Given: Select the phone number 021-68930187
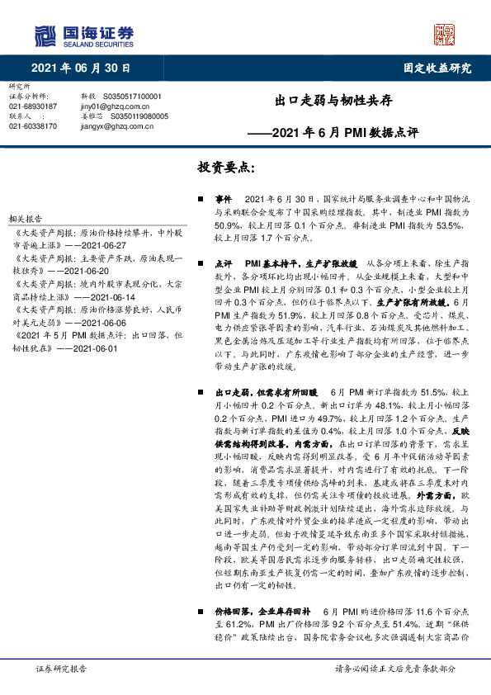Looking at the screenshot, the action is pos(33,106).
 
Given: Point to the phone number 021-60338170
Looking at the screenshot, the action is pos(33,125).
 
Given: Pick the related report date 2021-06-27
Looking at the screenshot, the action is pos(102,246).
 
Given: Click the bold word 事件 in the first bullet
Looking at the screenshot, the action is pos(224,201).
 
